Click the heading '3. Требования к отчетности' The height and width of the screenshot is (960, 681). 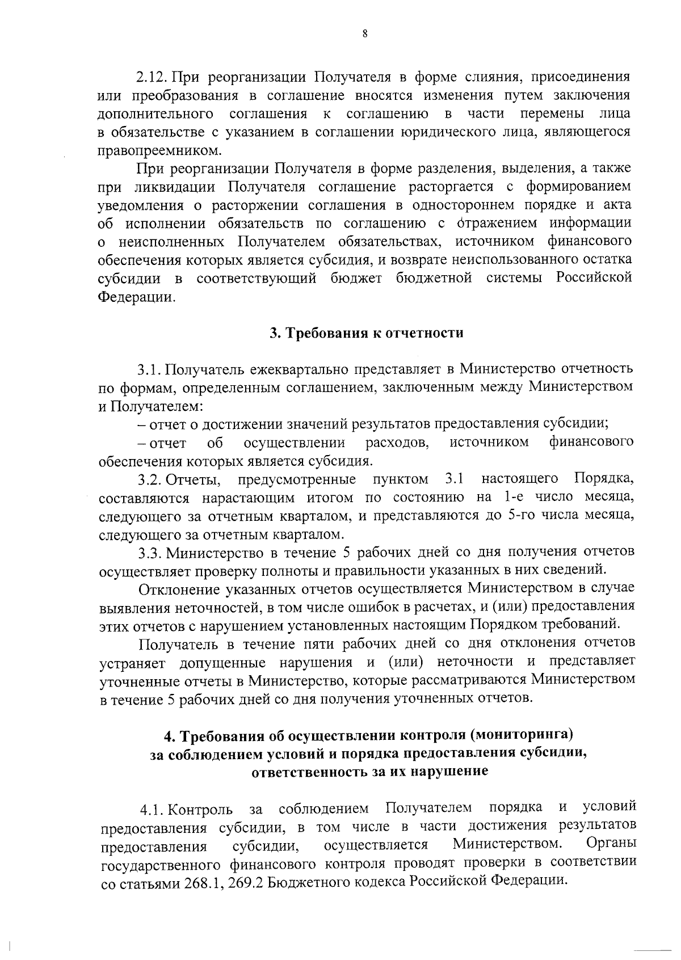(x=366, y=333)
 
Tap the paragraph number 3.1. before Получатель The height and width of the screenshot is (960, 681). (x=150, y=370)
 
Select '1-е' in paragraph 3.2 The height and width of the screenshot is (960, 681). (x=514, y=498)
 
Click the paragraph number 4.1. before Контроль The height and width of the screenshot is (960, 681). (x=153, y=808)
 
